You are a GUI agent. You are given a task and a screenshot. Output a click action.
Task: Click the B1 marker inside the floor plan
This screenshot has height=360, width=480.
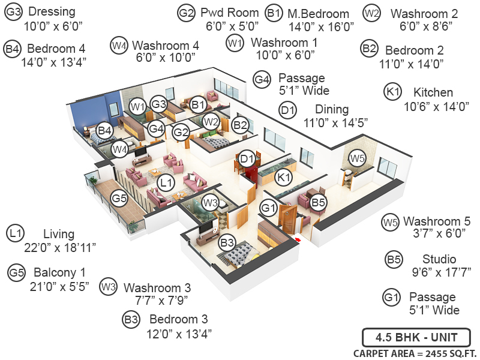tap(199, 105)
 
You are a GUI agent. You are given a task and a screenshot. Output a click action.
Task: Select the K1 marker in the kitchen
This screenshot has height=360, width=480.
tap(284, 177)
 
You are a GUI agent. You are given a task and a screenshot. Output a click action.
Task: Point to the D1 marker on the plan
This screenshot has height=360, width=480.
tap(247, 158)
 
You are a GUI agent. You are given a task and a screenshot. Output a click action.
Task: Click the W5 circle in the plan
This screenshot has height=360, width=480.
tap(358, 159)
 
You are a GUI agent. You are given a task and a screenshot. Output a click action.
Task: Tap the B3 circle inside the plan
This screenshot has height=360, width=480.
tap(227, 243)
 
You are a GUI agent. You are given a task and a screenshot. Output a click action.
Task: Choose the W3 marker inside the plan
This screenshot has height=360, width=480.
tap(210, 202)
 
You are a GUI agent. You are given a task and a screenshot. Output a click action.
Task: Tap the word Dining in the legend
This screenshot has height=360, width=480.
tap(332, 109)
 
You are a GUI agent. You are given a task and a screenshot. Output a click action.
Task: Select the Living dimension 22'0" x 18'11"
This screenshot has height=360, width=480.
tap(59, 247)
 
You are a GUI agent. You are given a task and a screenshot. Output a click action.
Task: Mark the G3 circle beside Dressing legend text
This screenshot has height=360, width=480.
tap(14, 12)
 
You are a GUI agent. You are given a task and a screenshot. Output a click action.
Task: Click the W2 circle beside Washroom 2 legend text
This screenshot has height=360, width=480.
tap(372, 13)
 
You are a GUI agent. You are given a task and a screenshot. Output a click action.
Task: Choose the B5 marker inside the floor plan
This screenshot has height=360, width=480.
tap(319, 203)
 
